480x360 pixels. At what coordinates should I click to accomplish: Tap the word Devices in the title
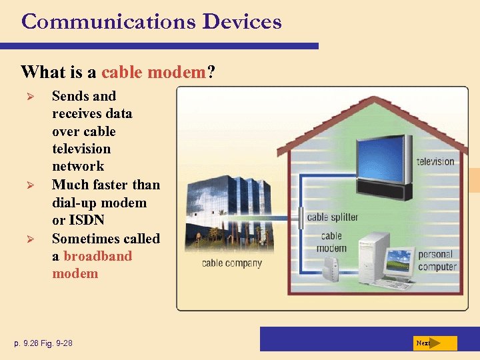pos(242,21)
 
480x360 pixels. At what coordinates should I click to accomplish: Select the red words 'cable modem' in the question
pos(153,71)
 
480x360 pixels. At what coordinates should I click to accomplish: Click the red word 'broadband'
pos(98,256)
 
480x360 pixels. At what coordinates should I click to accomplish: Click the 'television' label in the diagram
pos(435,161)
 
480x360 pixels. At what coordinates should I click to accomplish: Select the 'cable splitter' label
pos(333,217)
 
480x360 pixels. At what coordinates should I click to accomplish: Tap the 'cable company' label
pos(232,263)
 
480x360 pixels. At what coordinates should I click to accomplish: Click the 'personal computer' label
pos(437,260)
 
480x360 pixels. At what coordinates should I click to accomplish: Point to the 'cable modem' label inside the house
pos(331,242)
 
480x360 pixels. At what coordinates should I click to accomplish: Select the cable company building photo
pos(236,213)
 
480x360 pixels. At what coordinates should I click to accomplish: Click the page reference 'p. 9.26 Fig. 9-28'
pos(45,343)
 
